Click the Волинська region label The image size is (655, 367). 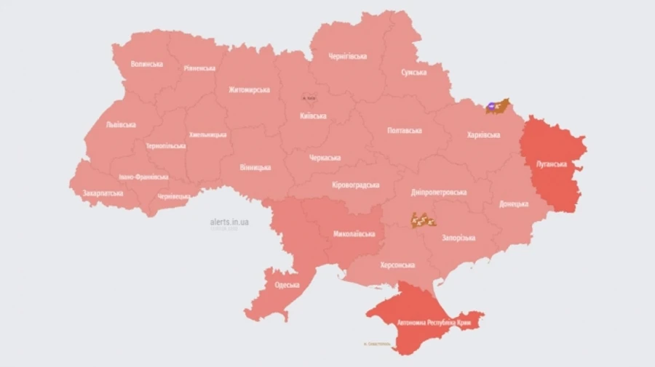(x=146, y=64)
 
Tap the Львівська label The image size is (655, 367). (x=121, y=124)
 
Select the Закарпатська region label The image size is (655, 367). (x=103, y=193)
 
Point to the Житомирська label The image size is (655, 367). (x=249, y=90)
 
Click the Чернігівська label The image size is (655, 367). (x=347, y=56)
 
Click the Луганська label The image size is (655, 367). (x=551, y=164)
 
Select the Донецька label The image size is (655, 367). (x=514, y=204)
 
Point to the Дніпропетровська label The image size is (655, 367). (x=439, y=193)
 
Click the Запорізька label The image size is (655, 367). (x=458, y=238)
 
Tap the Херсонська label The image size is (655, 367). (x=397, y=265)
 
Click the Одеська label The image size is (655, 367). (x=287, y=285)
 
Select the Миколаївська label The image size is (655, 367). (x=354, y=234)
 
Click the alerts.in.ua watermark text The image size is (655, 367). (x=229, y=222)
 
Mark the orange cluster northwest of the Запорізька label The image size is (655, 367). (x=423, y=219)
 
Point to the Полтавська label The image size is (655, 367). (x=405, y=131)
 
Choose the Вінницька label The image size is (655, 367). (x=255, y=167)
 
